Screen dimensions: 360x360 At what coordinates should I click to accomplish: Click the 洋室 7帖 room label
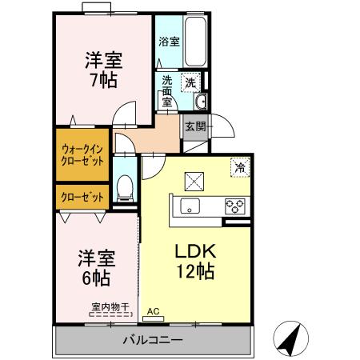[103, 70]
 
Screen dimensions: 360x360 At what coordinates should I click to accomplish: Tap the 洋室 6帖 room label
[97, 268]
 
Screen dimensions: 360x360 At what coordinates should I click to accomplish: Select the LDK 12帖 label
[195, 262]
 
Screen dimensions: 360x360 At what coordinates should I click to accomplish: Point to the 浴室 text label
[169, 42]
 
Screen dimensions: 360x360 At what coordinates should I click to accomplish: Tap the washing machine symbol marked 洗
[190, 82]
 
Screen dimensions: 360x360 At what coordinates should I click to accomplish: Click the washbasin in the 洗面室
[200, 102]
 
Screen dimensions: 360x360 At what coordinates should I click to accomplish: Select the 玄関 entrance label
[195, 126]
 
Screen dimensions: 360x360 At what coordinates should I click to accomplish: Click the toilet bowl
[125, 188]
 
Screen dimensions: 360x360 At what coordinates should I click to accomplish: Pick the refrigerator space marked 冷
[240, 167]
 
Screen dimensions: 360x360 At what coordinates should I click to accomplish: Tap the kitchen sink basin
[190, 206]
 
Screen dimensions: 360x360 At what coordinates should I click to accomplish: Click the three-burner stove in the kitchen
[235, 206]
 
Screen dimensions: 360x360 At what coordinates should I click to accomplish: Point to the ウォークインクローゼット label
[82, 155]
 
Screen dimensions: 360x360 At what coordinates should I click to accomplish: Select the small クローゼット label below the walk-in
[82, 198]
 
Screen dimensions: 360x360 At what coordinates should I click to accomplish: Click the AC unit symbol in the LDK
[154, 318]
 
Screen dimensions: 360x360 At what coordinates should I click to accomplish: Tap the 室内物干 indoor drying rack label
[110, 307]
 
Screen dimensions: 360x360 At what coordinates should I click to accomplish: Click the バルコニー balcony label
[153, 340]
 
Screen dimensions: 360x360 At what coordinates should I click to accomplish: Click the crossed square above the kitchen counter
[194, 182]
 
